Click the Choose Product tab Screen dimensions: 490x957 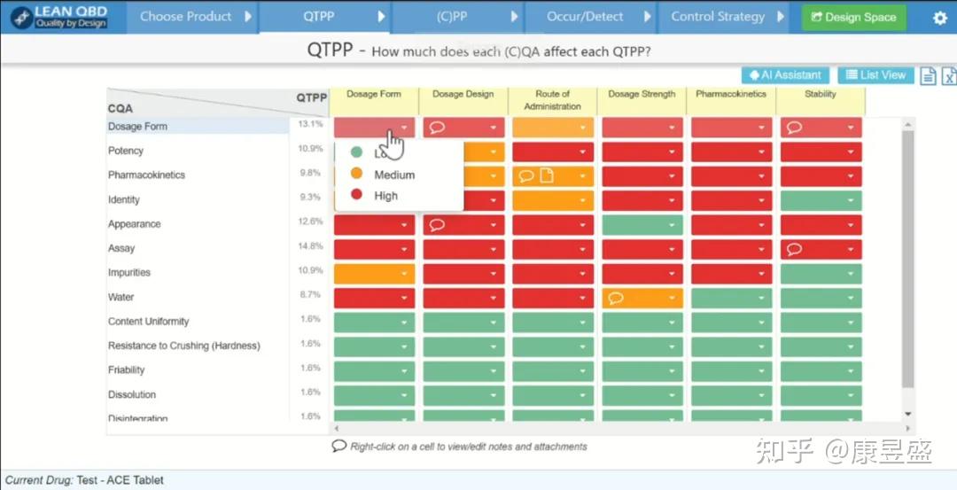tap(186, 17)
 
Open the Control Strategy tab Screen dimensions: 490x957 tap(718, 17)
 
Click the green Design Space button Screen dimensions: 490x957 tap(853, 17)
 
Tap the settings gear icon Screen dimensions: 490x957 tap(940, 18)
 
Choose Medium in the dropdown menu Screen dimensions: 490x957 tap(393, 175)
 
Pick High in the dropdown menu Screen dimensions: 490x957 tap(385, 196)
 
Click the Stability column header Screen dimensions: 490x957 tap(820, 95)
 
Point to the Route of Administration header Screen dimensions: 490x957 tap(552, 100)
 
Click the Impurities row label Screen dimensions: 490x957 tap(129, 273)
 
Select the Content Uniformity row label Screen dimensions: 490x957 tap(148, 322)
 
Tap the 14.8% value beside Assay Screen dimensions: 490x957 tap(310, 246)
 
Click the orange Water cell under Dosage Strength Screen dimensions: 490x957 tap(642, 298)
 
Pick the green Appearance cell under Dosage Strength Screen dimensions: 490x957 tap(642, 224)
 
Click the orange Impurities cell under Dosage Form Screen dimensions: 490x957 tap(374, 274)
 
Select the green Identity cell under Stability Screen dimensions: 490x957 tap(821, 200)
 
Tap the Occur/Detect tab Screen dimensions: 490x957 tap(585, 17)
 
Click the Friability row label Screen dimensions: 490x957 tap(126, 370)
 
